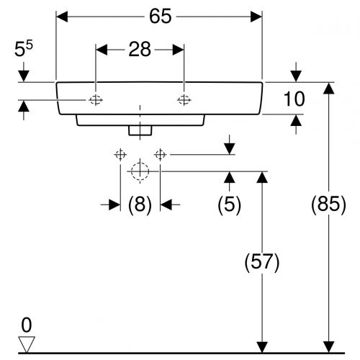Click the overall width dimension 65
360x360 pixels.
pos(161,17)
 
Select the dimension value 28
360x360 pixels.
pos(140,50)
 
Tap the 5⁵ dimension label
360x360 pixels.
pos(24,49)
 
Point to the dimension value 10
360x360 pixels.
pos(294,99)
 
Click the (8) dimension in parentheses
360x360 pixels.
pos(140,204)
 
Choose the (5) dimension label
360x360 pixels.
pos(229,204)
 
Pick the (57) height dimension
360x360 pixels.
pos(262,262)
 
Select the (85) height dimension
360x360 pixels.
pos(328,204)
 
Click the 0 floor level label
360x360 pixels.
pos(27,325)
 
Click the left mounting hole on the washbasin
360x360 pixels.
pos(96,100)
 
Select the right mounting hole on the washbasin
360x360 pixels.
pos(184,100)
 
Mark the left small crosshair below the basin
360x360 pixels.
pos(120,155)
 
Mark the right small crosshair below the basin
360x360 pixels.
pos(160,155)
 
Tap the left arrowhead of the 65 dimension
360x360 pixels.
pos(62,17)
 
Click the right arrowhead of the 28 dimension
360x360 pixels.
pos(178,50)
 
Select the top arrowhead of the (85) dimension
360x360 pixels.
pos(328,88)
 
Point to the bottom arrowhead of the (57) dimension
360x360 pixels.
pos(262,347)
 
